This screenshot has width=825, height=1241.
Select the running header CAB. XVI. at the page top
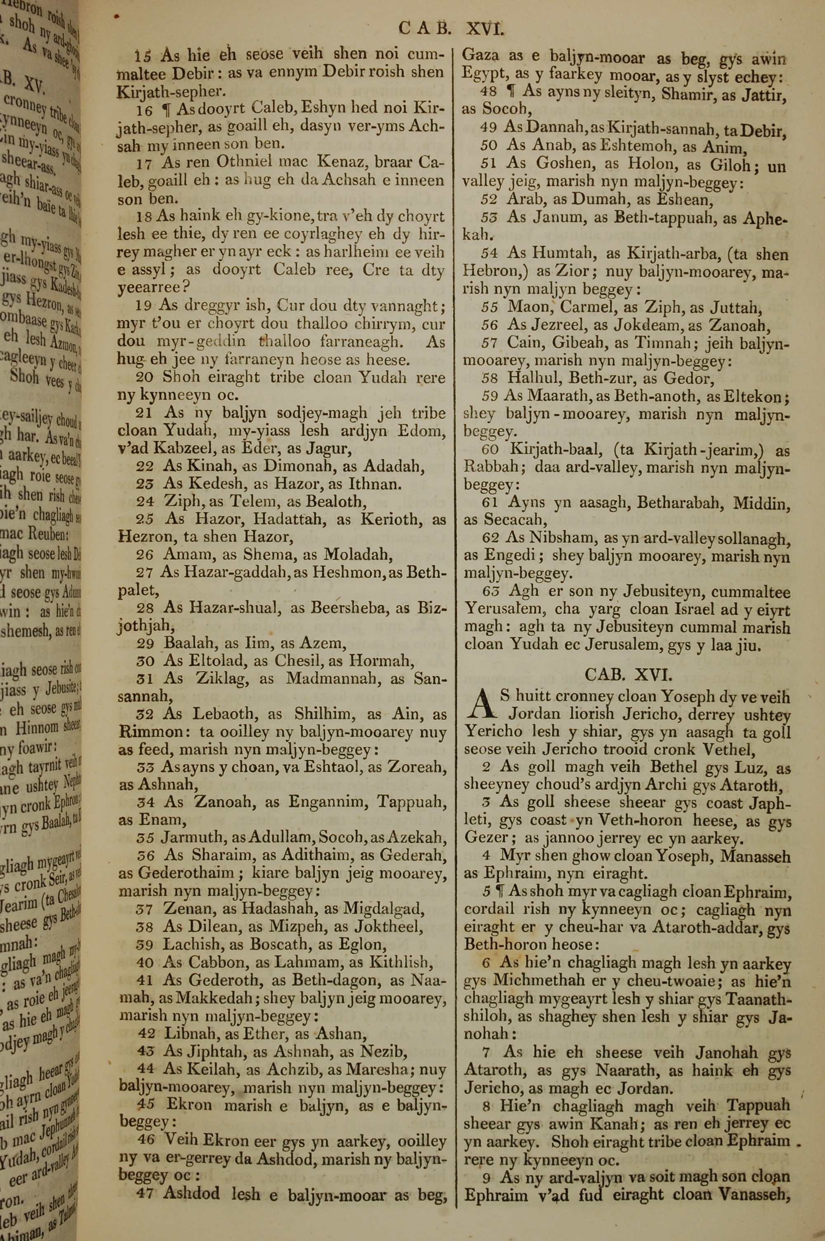pos(451,27)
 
